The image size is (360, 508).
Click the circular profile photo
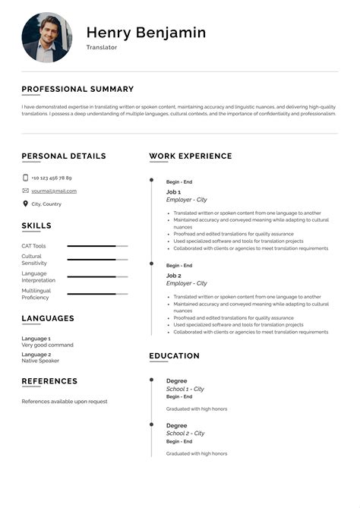tap(46, 37)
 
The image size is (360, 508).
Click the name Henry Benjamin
tap(146, 33)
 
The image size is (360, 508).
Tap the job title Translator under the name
tap(102, 47)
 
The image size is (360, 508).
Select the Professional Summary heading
tap(77, 89)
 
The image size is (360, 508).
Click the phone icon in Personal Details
tap(25, 178)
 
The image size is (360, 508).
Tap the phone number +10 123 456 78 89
tap(52, 178)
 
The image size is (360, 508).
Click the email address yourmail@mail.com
tap(54, 191)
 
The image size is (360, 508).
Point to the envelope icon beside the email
tap(25, 191)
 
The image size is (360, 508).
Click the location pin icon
tap(25, 204)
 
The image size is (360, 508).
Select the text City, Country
tap(46, 204)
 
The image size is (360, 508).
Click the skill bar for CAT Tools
tap(97, 246)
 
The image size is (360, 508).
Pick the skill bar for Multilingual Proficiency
tap(97, 294)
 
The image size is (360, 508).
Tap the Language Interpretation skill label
tap(39, 277)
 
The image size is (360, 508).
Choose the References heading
tap(49, 381)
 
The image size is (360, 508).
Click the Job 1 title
tap(173, 192)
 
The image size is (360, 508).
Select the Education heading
tap(174, 355)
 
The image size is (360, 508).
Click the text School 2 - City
tap(185, 433)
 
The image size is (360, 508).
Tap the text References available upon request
tap(65, 401)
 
